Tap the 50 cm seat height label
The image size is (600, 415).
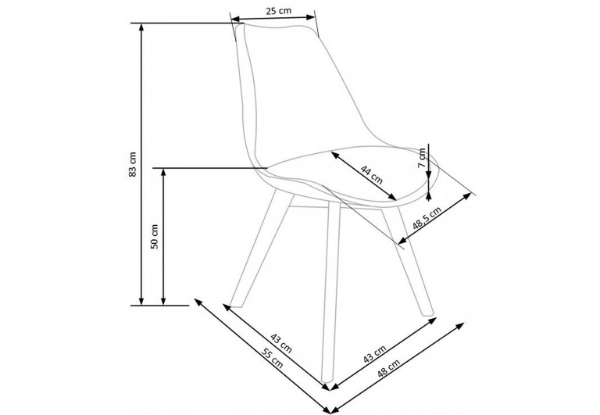coord(155,236)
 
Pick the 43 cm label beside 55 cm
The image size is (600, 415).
coord(280,342)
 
